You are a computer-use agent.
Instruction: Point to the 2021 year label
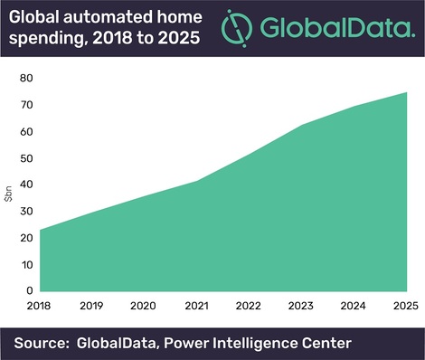pos(198,306)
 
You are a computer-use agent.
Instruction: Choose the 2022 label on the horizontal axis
pos(250,306)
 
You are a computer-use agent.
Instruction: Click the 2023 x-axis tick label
pos(303,306)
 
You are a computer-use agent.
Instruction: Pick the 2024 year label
pos(354,306)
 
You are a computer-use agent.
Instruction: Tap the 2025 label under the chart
pos(405,306)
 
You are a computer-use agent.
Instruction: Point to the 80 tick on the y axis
pos(28,79)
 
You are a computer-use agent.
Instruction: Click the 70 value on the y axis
pos(28,106)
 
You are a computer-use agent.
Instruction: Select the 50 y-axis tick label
pos(28,158)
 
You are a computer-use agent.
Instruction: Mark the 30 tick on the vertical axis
pos(28,212)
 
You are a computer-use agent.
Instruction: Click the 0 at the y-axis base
pos(31,291)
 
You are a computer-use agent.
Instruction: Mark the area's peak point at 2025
pos(405,92)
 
